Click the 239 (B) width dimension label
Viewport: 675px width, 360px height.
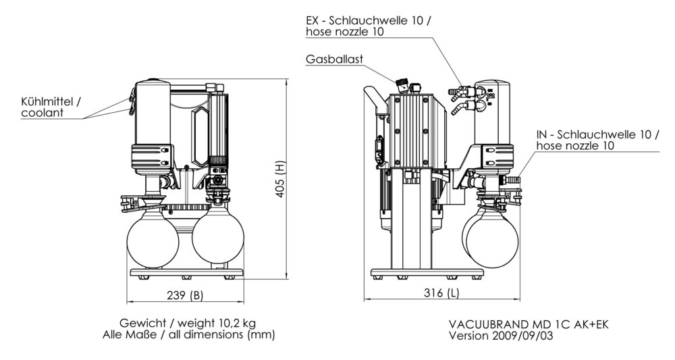(183, 294)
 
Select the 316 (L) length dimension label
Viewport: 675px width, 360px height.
(443, 293)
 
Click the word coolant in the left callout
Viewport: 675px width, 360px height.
(43, 113)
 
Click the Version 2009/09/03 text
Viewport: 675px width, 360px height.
(501, 336)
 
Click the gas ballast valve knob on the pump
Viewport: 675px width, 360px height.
(402, 85)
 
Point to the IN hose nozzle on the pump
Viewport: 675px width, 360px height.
(515, 181)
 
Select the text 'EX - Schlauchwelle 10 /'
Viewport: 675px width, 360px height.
(367, 20)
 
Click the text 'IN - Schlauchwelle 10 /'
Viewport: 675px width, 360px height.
(597, 134)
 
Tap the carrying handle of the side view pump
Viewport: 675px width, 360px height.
(373, 101)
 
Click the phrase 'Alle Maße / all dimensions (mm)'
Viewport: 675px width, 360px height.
(189, 334)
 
